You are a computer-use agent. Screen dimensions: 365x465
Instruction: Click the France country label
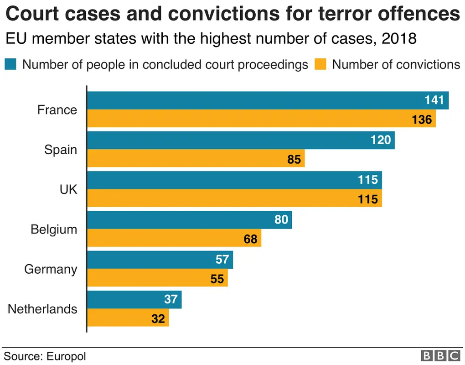pyautogui.click(x=57, y=110)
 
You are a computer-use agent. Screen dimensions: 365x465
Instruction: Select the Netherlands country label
pyautogui.click(x=42, y=309)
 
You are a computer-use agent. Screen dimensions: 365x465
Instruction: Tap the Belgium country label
pyautogui.click(x=54, y=229)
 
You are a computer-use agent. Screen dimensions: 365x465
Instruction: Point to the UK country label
pyautogui.click(x=68, y=190)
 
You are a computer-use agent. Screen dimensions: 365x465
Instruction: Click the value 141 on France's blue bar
pyautogui.click(x=434, y=100)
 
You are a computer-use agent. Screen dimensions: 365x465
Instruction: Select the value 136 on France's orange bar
pyautogui.click(x=421, y=120)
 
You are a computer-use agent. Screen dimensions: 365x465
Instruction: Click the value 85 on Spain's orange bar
pyautogui.click(x=294, y=160)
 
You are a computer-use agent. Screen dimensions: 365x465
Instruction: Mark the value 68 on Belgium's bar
pyautogui.click(x=250, y=239)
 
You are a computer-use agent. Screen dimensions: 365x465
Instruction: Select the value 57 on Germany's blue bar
pyautogui.click(x=222, y=260)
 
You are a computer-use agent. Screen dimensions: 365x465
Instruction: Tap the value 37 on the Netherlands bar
pyautogui.click(x=170, y=299)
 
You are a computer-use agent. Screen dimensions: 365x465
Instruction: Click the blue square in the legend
pyautogui.click(x=11, y=64)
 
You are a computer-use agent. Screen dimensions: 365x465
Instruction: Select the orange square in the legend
pyautogui.click(x=321, y=64)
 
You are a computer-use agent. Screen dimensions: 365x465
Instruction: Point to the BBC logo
pyautogui.click(x=440, y=356)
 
